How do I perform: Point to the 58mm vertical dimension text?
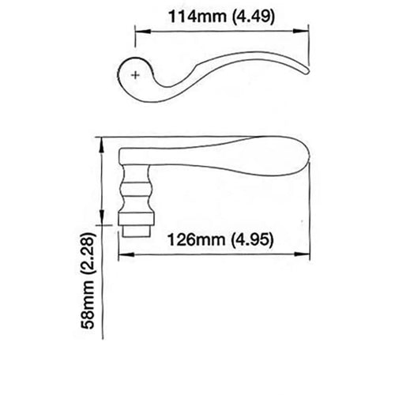tap(92, 312)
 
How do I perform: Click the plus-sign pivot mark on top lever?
tap(137, 75)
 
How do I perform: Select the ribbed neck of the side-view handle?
tap(135, 196)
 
